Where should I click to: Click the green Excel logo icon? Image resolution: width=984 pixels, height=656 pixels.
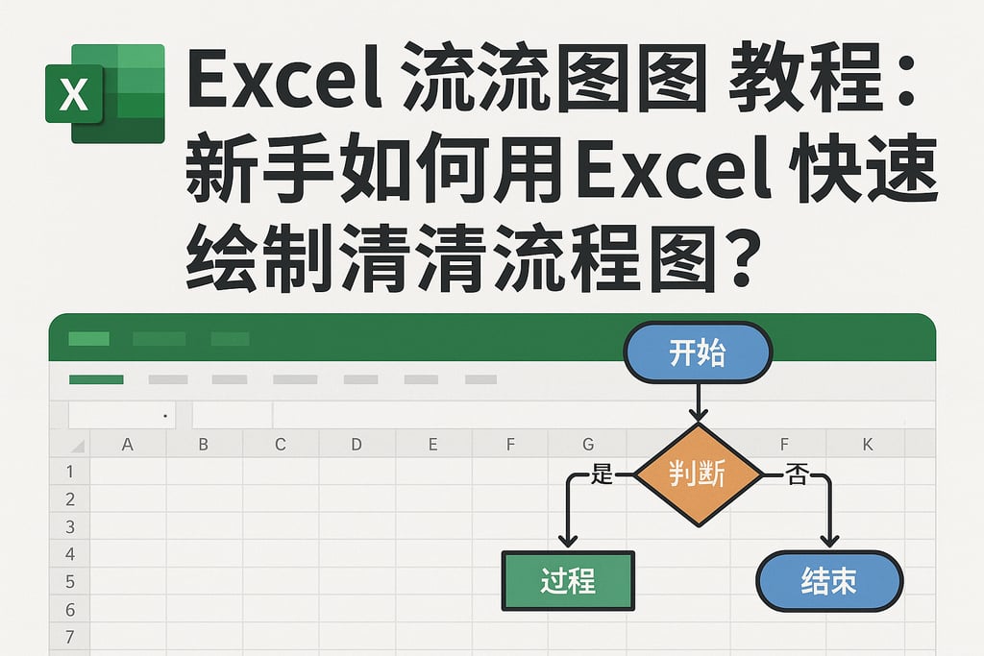point(104,93)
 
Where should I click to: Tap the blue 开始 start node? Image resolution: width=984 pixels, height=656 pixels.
point(698,353)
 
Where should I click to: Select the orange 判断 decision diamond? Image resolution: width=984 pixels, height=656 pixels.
point(698,474)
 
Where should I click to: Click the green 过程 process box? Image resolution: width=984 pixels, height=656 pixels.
point(568,580)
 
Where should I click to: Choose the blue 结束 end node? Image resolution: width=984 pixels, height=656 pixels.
point(829,581)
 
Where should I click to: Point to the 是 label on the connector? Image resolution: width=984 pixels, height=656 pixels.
point(602,474)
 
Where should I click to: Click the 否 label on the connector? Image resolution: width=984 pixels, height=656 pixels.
point(796,474)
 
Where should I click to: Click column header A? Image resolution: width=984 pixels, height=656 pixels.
point(127,444)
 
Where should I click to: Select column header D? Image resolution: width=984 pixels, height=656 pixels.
point(357,444)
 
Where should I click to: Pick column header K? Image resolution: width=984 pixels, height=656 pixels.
point(867,444)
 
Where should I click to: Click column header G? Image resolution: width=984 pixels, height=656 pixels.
point(587,444)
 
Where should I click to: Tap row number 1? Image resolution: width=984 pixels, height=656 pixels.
point(69,472)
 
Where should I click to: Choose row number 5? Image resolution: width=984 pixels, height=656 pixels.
point(69,582)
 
